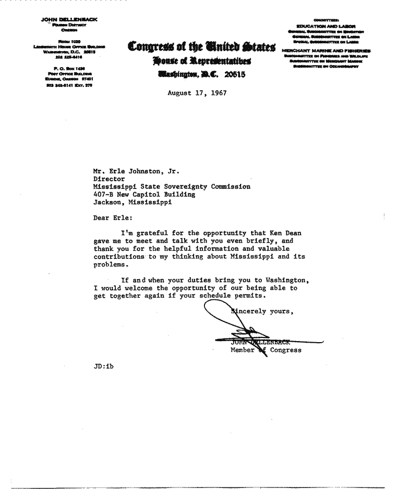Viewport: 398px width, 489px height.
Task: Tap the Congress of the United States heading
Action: [x=201, y=49]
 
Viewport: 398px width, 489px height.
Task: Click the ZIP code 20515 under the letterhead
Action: [x=234, y=75]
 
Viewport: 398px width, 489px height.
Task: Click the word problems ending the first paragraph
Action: [x=110, y=265]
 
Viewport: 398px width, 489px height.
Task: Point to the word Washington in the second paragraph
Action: [x=286, y=280]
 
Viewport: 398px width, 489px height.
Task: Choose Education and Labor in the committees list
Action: [x=325, y=26]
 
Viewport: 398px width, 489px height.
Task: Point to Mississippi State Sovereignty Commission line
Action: [x=172, y=186]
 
